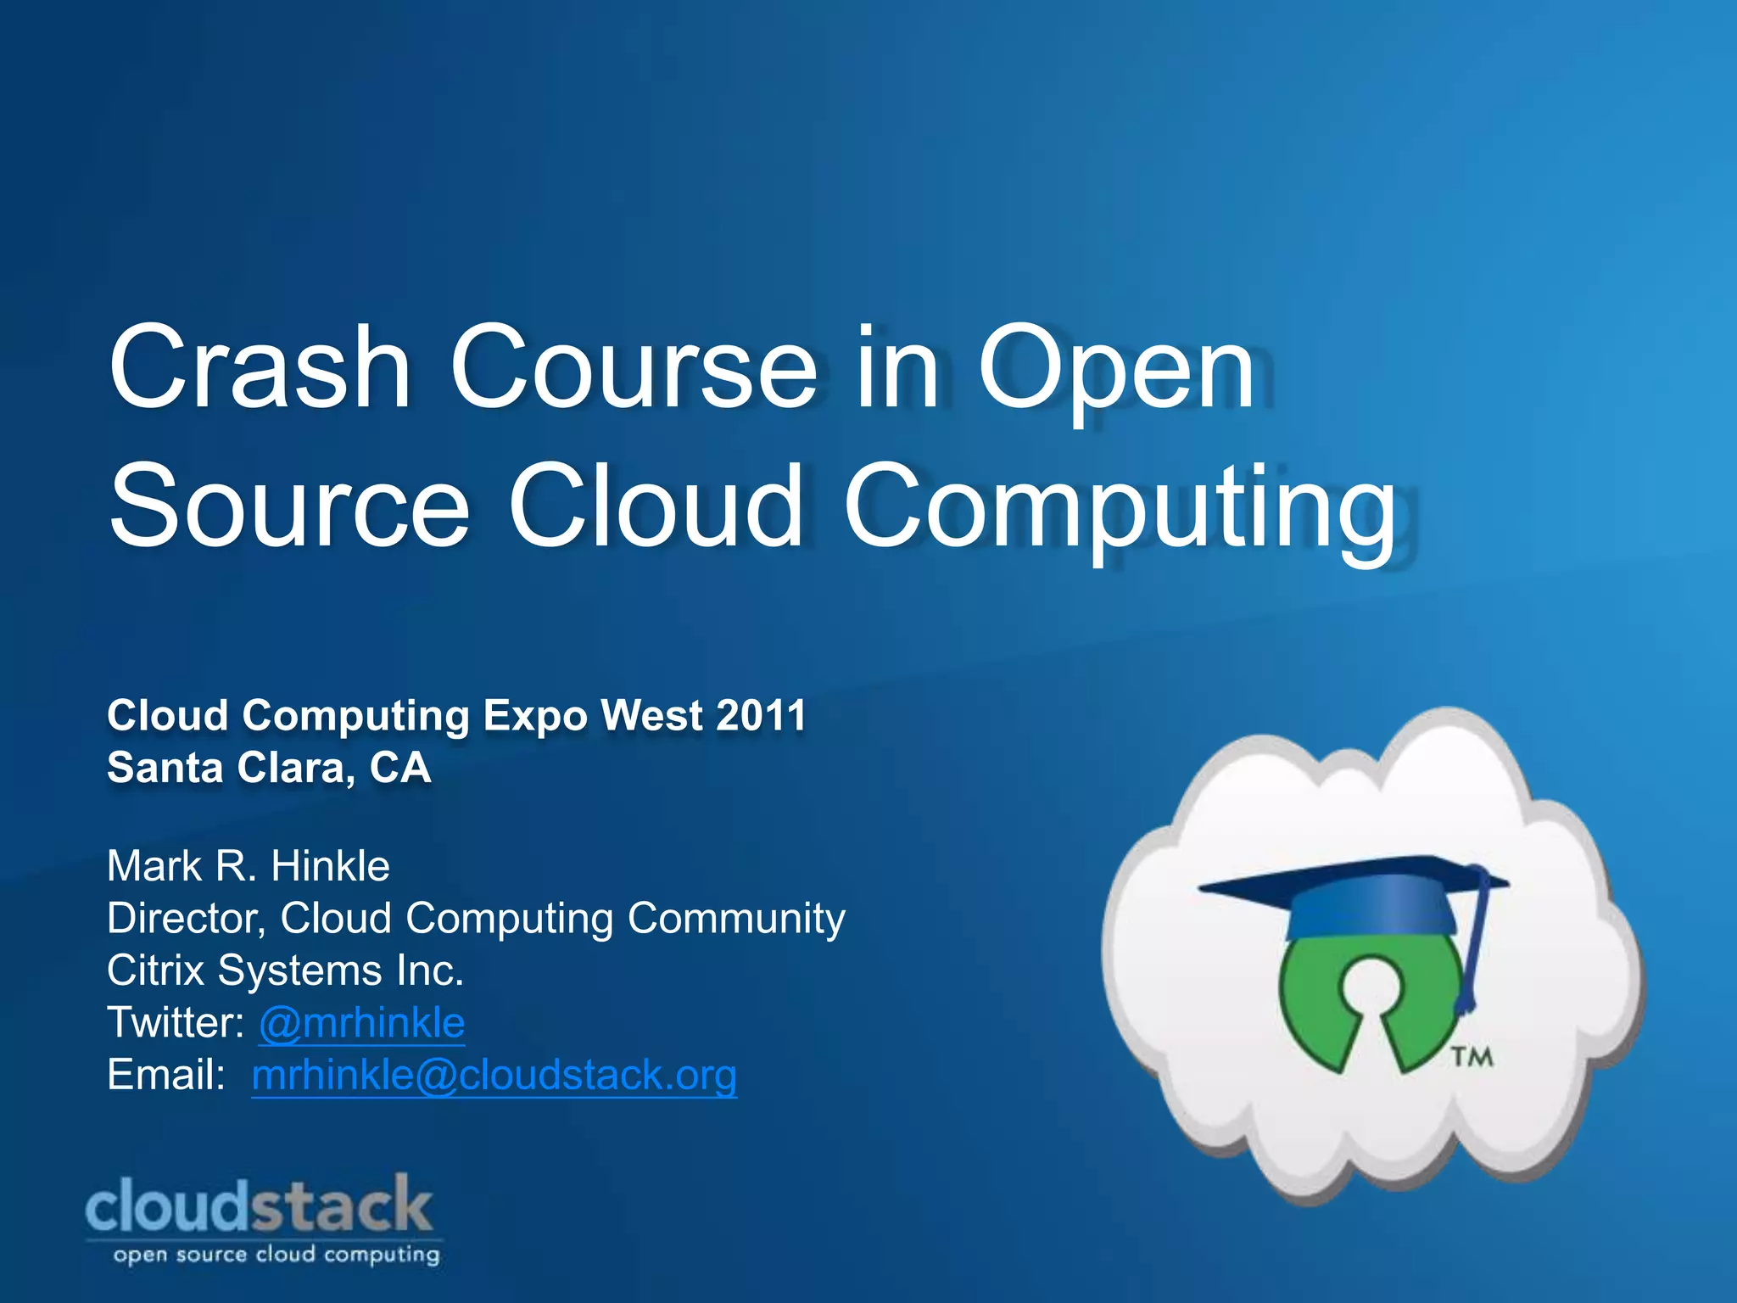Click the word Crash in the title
260,368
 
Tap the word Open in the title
1116,368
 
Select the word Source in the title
288,506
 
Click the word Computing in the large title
1120,506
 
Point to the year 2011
761,715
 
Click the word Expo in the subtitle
534,715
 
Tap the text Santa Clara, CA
269,768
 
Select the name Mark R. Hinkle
249,866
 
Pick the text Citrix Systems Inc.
285,970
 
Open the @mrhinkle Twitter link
362,1023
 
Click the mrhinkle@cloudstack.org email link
494,1076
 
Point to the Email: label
166,1076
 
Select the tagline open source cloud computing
276,1255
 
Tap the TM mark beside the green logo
1472,1057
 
